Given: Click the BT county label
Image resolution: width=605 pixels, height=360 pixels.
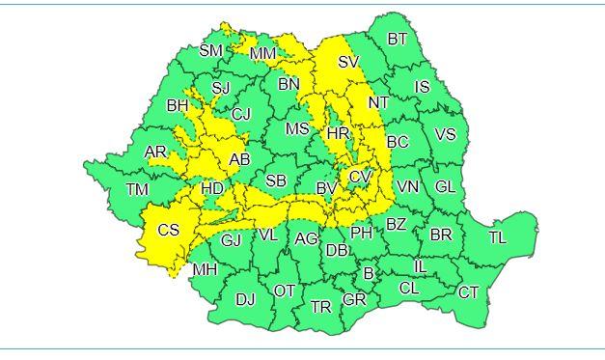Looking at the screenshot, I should coord(397,40).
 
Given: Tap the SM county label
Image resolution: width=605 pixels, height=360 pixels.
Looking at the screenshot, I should coord(210,51).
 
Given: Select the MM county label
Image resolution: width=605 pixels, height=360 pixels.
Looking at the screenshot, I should coord(262,54).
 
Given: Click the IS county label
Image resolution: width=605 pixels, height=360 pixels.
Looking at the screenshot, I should coord(422,88).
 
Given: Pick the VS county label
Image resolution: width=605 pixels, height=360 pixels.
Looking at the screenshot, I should coord(445,135).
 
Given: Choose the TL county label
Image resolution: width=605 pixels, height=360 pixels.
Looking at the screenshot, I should coord(497,236).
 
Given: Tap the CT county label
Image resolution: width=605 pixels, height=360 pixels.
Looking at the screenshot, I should coord(468,292).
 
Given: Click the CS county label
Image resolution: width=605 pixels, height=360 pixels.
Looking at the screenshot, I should coord(169,230).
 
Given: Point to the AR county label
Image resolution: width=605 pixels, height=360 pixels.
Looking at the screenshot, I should coord(155,152).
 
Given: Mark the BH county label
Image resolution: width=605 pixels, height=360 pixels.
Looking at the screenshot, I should coord(178,105).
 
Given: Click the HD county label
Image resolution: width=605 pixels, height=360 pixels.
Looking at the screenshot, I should coord(212,189).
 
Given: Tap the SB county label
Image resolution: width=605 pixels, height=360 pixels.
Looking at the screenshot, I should coord(276,180).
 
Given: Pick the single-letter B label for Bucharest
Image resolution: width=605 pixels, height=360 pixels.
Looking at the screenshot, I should coord(368,273).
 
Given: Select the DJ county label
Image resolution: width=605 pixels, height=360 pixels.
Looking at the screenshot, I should coord(245,299).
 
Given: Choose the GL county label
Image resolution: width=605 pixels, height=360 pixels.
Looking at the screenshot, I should coord(445,186).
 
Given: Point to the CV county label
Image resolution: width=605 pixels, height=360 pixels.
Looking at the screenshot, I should coord(360,177).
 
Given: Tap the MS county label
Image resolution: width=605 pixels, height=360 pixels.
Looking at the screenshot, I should coord(297,128).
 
